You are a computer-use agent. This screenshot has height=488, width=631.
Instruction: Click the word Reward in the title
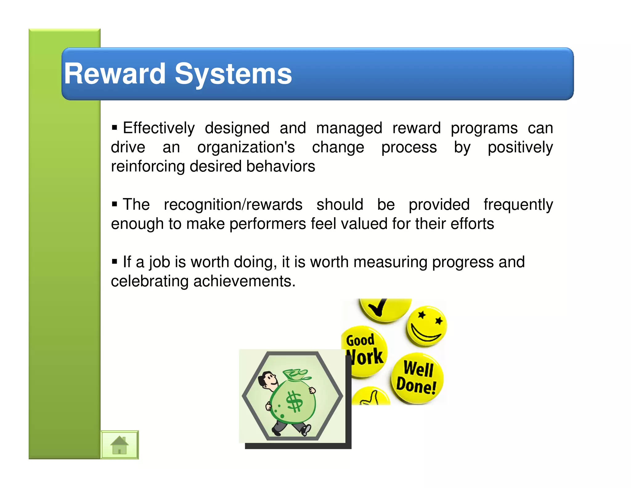[115, 74]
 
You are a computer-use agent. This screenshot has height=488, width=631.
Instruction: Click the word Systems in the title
[233, 74]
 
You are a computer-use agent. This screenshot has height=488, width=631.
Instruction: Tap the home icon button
[120, 445]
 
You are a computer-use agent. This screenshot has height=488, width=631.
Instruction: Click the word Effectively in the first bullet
[159, 128]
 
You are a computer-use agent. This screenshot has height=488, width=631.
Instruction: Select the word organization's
[246, 147]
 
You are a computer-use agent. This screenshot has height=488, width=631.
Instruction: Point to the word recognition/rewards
[233, 205]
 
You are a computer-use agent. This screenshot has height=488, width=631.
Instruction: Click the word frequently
[518, 205]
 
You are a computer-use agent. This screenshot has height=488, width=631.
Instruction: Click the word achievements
[244, 281]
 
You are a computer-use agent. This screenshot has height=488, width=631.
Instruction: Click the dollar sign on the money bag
[294, 401]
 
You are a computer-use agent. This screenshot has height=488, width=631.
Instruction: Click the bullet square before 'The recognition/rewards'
[115, 204]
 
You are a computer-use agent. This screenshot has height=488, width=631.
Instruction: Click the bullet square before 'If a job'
[115, 262]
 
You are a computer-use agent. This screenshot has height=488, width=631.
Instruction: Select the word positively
[520, 147]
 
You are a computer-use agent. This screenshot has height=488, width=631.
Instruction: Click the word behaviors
[280, 167]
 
